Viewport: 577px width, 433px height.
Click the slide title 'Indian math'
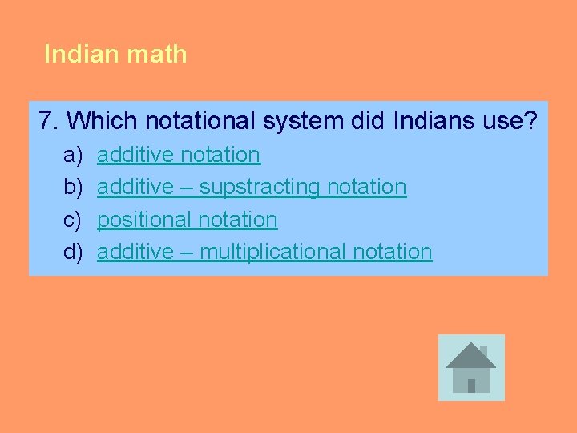click(115, 55)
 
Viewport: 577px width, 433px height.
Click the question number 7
click(47, 121)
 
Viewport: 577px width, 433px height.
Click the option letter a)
click(73, 154)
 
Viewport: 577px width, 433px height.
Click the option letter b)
click(73, 187)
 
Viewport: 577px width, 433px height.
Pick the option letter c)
click(73, 219)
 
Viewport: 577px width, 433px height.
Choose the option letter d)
click(73, 252)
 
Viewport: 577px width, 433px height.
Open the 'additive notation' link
click(179, 154)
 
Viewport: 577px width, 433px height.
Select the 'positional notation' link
click(188, 219)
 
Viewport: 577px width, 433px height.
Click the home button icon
click(471, 367)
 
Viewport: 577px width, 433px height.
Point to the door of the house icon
click(471, 385)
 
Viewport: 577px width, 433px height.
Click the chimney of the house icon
click(482, 351)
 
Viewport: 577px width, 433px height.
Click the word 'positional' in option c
click(147, 219)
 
